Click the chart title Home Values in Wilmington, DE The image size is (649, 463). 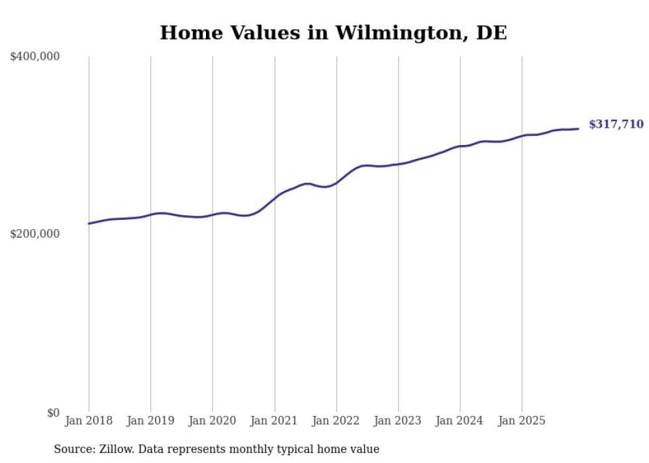(x=333, y=33)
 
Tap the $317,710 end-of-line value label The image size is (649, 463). (x=616, y=125)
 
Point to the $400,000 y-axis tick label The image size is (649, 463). (x=35, y=57)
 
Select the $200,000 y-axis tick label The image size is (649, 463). (x=35, y=234)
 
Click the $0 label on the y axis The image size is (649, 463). (x=53, y=413)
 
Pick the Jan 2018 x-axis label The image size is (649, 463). (x=89, y=421)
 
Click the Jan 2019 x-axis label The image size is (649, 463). (x=151, y=421)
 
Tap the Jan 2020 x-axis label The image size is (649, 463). (x=213, y=421)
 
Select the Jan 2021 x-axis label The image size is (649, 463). (x=275, y=421)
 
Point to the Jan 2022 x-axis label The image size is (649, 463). (x=336, y=421)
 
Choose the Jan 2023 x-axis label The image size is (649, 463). (x=399, y=421)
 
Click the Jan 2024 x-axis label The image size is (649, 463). (x=460, y=421)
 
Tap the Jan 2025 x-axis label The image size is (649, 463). (x=523, y=421)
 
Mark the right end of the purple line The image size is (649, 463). (x=579, y=129)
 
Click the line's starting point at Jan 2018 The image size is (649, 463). (x=89, y=223)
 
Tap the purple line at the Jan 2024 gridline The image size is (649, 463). (x=460, y=146)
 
